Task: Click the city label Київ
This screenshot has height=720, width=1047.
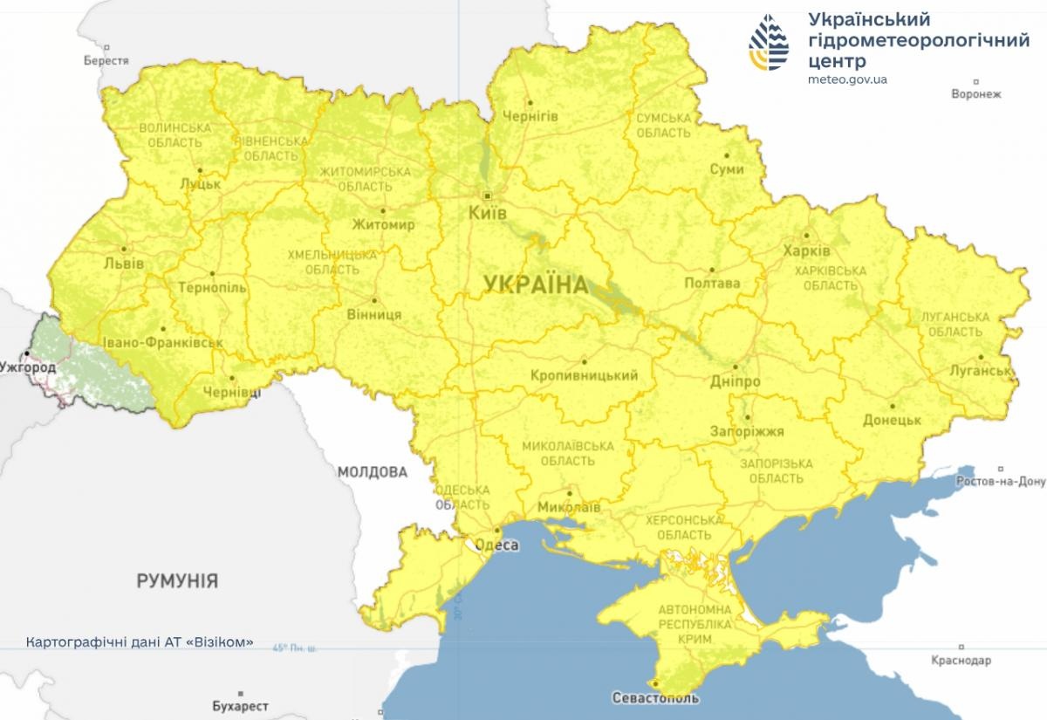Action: (487, 212)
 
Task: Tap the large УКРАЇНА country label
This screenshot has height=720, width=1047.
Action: (533, 284)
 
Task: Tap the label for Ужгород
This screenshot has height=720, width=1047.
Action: (28, 367)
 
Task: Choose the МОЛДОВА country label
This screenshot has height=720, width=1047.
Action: (373, 472)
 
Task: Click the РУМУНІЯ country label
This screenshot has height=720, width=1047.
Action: (177, 580)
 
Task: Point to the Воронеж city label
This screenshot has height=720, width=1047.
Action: (976, 93)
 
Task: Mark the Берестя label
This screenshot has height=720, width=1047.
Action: (106, 61)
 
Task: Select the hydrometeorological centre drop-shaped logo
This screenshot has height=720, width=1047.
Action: (770, 41)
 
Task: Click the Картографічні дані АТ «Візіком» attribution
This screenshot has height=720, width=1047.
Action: (140, 641)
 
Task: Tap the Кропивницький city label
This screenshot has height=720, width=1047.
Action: (584, 375)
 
